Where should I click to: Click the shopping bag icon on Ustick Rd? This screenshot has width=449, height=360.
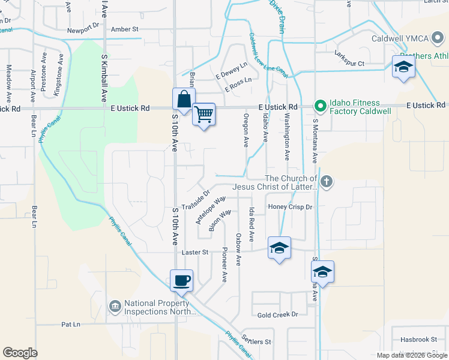coord(184,100)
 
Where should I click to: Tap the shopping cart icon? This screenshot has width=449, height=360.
coord(204,113)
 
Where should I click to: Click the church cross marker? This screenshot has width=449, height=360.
coord(326,182)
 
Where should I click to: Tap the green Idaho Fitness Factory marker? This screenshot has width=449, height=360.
coord(321,107)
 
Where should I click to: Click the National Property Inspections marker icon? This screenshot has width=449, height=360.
coord(114,307)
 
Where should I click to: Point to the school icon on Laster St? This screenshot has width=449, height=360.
coord(279,248)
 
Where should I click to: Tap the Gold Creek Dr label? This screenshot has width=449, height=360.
coord(277,314)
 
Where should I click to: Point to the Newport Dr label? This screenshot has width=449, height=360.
coord(83,28)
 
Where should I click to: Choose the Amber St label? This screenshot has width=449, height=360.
coord(125,28)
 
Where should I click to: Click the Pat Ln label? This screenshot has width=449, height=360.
coord(70,325)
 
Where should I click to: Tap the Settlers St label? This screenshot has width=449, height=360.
coord(256,338)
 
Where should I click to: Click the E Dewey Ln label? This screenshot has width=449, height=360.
coord(231,71)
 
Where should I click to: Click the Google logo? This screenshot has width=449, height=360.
coord(20,352)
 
